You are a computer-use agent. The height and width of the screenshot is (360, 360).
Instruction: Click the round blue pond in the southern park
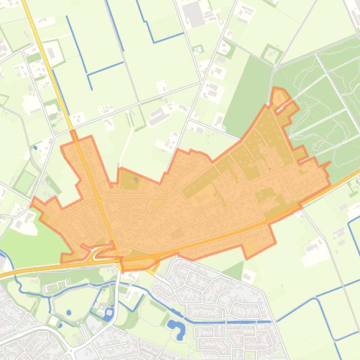coord(69,312)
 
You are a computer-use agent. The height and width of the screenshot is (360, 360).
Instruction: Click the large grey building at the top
coord(194,14)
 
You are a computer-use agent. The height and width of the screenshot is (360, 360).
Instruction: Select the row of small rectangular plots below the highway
coord(58,286)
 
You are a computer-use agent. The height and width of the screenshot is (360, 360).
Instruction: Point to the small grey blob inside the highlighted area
coord(136,179)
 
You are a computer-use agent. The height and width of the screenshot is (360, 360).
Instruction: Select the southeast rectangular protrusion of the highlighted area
coord(258,238)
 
